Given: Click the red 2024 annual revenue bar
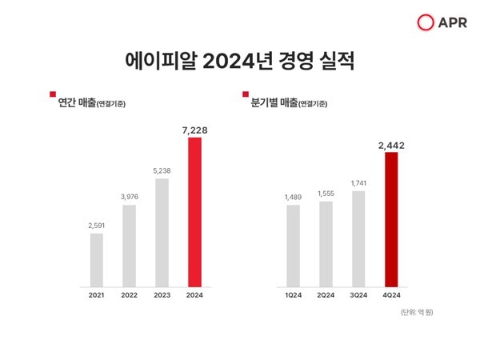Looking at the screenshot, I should coord(194,211).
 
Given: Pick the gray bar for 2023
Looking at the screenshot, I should coord(162,231).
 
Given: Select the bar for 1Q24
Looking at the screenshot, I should coord(293,245).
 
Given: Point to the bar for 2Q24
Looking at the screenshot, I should coord(326,243).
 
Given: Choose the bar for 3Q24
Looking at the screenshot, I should coord(358,238).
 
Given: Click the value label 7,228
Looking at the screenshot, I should coord(194,129).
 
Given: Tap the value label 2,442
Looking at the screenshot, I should coord(391,144).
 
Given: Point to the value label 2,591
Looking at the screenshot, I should coord(96,226).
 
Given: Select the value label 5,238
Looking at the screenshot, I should coord(162,170).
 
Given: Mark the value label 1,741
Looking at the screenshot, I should coord(358,183).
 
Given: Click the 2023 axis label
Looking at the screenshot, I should coord(162,294).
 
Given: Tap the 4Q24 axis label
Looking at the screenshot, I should coord(391,294).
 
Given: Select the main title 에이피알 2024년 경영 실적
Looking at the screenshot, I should coord(240,61).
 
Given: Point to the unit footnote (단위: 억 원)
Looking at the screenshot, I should coord(420,312).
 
